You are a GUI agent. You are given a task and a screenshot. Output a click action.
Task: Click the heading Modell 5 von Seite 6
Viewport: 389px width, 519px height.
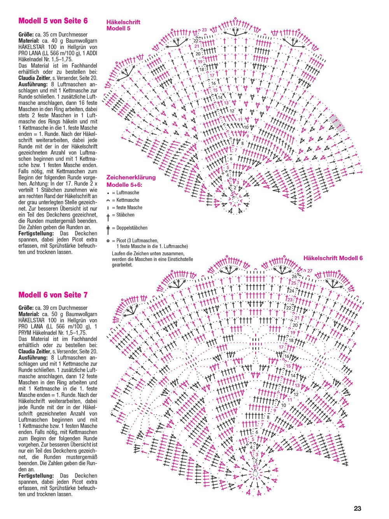coord(53,21)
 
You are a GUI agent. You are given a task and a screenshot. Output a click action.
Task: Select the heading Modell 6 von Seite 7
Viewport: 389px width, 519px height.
coord(53,295)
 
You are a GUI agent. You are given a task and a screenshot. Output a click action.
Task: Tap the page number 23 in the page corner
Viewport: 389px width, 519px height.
coord(357,508)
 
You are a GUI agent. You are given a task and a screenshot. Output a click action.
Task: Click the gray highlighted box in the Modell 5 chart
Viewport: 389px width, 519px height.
coord(337,122)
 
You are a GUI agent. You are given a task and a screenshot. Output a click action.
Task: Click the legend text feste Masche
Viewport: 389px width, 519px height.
coord(129,208)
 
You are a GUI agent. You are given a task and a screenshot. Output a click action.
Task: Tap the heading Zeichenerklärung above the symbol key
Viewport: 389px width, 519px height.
coord(131,178)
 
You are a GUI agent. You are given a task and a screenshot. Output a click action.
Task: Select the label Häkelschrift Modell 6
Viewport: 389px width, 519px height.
coord(333,258)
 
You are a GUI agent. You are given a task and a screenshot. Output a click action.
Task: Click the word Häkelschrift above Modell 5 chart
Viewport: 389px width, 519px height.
coord(123,22)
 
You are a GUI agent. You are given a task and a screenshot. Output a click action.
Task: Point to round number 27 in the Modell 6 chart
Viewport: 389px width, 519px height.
coord(310,271)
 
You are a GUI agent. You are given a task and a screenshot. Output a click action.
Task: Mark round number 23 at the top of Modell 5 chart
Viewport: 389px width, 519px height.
coord(204,30)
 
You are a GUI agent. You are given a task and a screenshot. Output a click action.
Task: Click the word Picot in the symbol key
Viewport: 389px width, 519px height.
coord(123,241)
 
